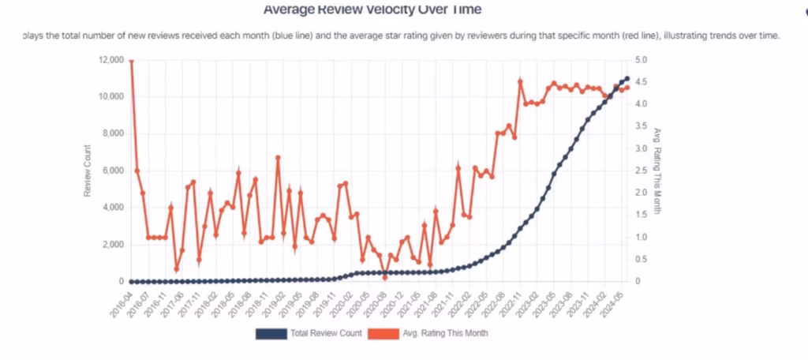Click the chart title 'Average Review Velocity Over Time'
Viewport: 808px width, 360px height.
(372, 10)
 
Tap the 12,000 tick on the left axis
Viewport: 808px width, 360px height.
(110, 60)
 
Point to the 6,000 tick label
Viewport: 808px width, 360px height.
(112, 171)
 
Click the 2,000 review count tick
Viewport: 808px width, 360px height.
(112, 245)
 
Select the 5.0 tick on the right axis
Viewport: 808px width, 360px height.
(641, 60)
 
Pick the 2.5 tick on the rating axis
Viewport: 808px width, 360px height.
(641, 171)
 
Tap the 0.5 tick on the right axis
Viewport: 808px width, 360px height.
(641, 259)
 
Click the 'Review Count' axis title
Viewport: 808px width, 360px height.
(88, 171)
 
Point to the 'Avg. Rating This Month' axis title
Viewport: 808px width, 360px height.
(656, 171)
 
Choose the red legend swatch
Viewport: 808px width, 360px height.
(389, 333)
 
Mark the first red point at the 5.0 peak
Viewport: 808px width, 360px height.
(131, 60)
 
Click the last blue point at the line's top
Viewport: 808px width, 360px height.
(627, 78)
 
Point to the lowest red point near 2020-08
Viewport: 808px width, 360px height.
(385, 277)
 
